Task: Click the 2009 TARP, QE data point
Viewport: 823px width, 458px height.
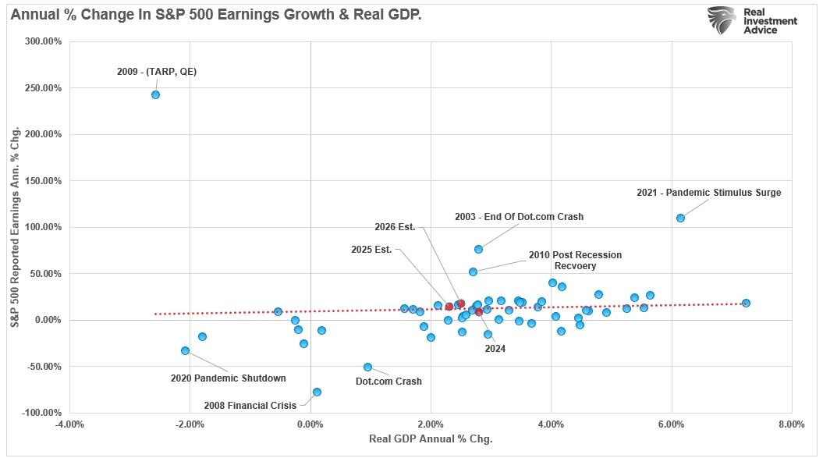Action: point(155,94)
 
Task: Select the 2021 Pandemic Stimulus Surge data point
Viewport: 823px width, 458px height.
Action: point(680,218)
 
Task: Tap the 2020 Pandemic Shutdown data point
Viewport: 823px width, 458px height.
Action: point(185,350)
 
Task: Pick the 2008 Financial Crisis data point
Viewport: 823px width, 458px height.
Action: point(317,392)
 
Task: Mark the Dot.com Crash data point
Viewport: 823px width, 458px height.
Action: point(367,367)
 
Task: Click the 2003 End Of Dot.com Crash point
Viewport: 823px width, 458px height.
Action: point(478,249)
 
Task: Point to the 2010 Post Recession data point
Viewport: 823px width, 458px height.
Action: point(473,272)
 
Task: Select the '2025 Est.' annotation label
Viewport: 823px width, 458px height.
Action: point(371,250)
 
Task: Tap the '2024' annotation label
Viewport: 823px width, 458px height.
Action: point(495,349)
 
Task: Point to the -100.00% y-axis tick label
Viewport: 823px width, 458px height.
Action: point(41,413)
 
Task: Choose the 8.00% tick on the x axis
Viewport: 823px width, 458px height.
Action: point(791,424)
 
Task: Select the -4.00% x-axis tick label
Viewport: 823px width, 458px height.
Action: point(69,424)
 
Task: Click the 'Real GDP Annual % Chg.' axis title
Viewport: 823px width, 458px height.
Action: point(431,438)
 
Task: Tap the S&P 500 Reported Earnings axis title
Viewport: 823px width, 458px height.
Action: point(16,226)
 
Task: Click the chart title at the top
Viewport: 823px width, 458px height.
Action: point(216,14)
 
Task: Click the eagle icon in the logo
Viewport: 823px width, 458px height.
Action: point(722,20)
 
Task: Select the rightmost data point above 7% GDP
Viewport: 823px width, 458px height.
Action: point(746,303)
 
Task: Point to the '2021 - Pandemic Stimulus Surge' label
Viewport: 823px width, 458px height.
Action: point(708,193)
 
